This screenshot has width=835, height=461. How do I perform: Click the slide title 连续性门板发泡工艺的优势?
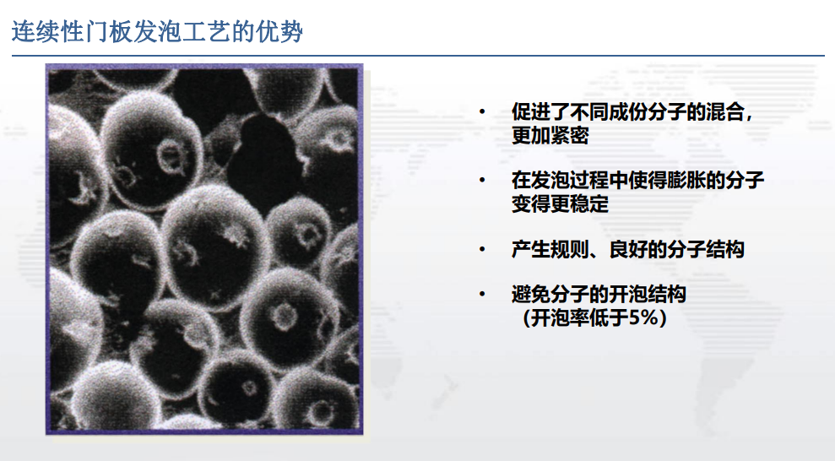(x=157, y=31)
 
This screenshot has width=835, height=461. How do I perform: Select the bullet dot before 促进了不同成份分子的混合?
(x=482, y=111)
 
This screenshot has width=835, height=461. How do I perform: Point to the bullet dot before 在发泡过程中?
(x=482, y=180)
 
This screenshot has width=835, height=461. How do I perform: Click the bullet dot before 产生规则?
(x=482, y=248)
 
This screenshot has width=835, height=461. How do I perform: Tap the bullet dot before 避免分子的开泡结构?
(x=482, y=293)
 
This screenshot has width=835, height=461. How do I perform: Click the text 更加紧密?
(x=550, y=135)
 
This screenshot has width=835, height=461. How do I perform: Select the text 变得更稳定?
(x=560, y=203)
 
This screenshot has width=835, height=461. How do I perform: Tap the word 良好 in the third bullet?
(x=628, y=248)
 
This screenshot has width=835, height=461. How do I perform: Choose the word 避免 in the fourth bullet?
(x=531, y=293)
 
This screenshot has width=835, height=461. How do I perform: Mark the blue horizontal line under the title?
(x=418, y=56)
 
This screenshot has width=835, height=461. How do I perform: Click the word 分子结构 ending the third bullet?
(x=705, y=248)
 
